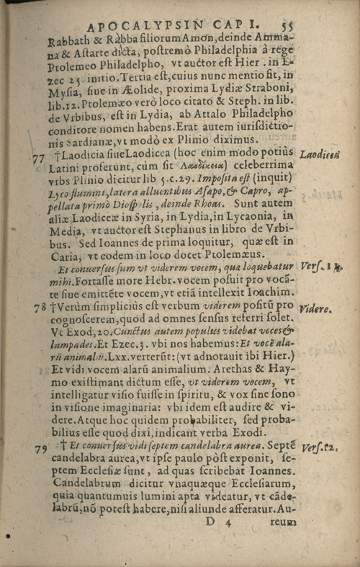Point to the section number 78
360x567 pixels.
coord(40,307)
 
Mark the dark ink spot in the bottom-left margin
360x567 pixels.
coord(8,537)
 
